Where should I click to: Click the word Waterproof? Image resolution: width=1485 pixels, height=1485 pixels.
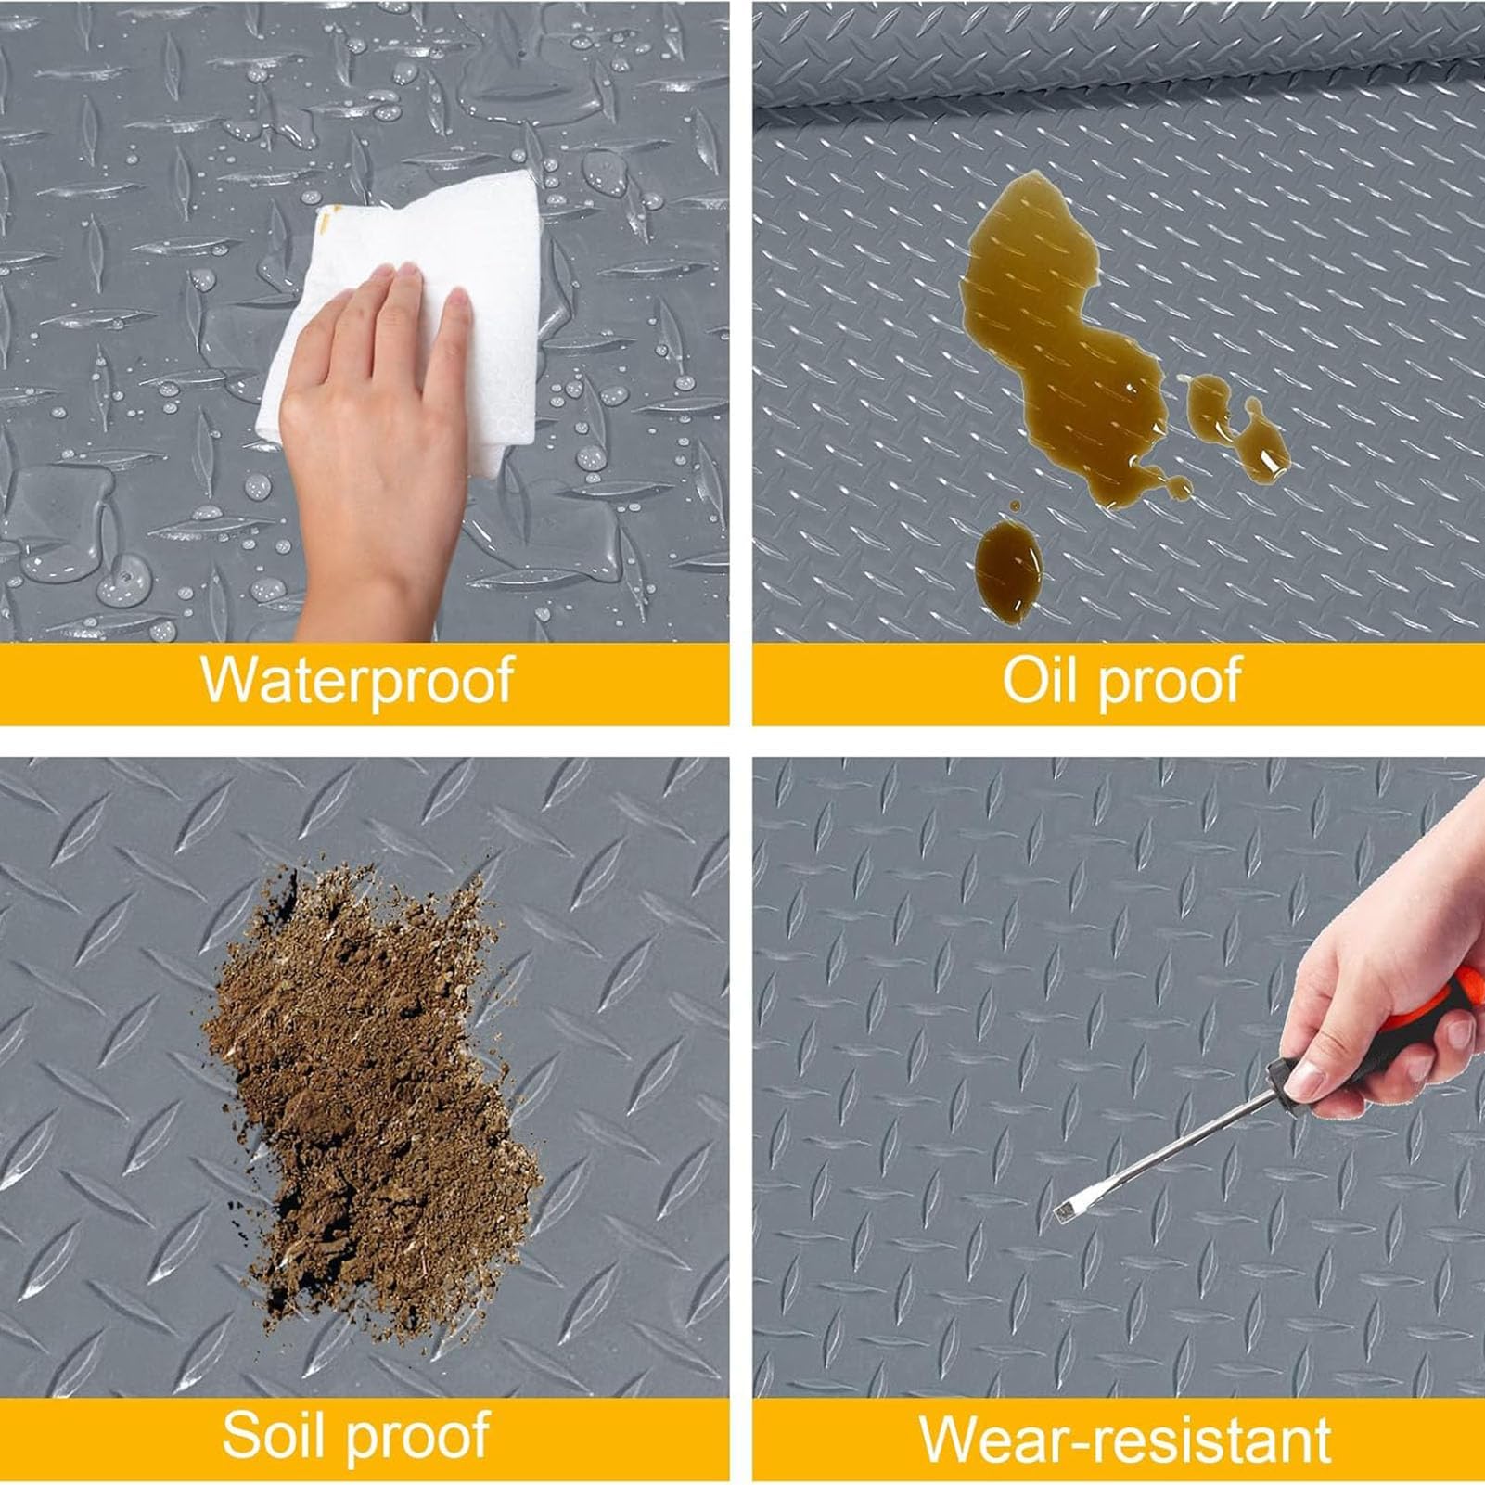[x=357, y=680]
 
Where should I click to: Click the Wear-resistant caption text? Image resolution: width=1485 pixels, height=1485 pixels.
[x=1125, y=1439]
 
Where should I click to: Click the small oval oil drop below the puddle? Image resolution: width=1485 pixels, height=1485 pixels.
[x=1008, y=561]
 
